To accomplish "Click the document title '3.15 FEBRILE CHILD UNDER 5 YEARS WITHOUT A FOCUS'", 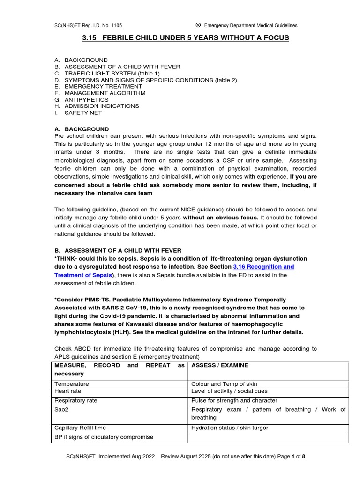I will coord(186,38).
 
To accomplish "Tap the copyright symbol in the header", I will coord(198,25).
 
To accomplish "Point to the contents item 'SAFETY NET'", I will coord(83,113).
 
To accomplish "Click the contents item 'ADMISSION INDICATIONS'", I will coord(102,106).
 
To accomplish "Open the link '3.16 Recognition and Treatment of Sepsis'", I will coord(263,267).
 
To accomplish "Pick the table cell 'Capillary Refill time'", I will coord(80,427).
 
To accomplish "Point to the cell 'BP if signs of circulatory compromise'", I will coord(104,437).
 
